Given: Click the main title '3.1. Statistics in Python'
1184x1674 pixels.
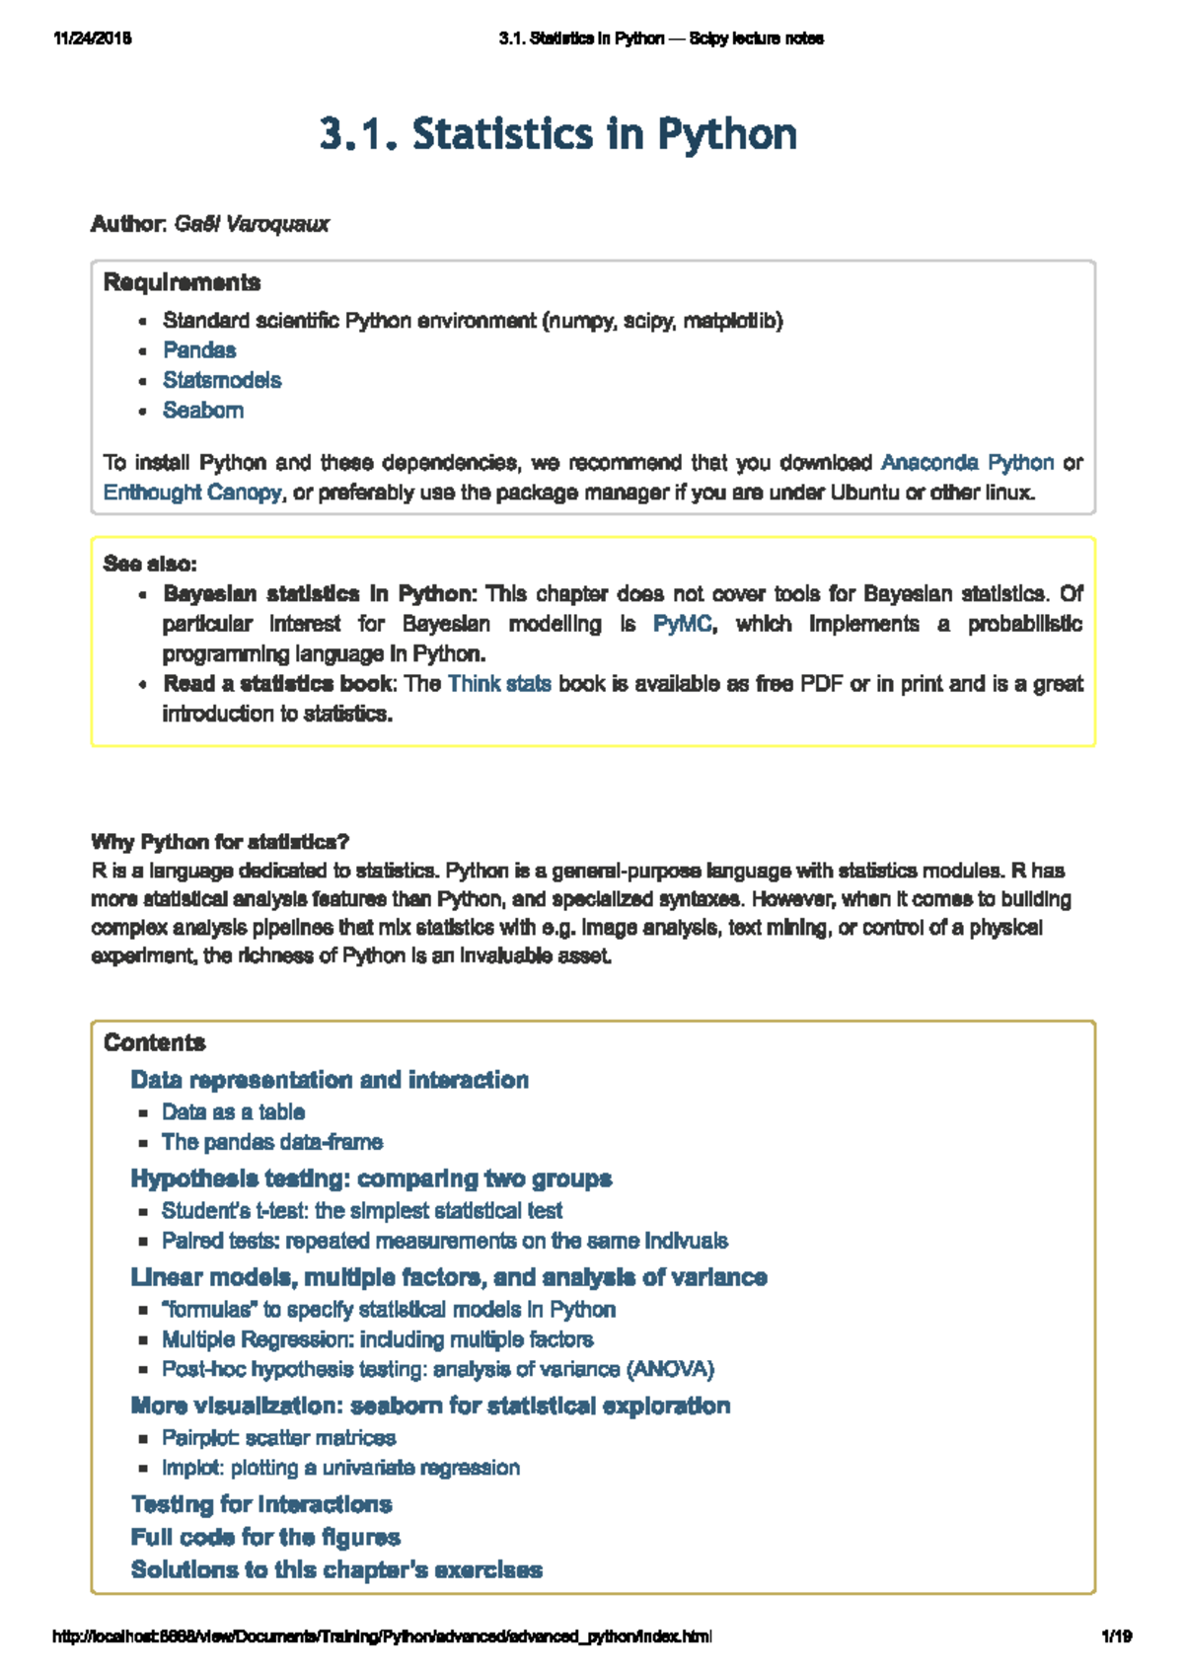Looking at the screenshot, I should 557,134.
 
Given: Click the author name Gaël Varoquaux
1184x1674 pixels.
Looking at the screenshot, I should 252,224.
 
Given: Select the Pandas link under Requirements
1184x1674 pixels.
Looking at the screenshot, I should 199,350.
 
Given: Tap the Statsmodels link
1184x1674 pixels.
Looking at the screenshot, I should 222,380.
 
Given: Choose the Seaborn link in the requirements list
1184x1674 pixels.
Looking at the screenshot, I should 203,411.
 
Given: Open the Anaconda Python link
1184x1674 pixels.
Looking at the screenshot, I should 967,462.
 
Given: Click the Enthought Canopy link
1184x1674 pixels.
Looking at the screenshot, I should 192,492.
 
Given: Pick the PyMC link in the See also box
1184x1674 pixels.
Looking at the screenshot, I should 682,624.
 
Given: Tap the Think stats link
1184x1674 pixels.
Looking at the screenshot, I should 499,684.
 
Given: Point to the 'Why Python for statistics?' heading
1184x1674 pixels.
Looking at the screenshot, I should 220,842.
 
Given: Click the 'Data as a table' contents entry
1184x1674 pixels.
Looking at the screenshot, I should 233,1112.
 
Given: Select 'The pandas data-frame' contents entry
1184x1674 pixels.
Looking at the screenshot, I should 272,1142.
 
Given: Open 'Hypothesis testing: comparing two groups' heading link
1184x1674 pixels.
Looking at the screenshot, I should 371,1179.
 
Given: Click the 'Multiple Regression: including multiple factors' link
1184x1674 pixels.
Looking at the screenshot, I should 378,1339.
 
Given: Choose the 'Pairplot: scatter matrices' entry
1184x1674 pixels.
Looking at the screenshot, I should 279,1438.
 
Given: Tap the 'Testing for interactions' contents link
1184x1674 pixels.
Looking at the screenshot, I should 261,1504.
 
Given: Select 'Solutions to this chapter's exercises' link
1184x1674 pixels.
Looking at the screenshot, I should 336,1569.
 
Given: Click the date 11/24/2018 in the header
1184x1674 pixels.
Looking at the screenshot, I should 93,38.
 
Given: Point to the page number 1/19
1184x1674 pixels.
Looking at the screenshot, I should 1116,1636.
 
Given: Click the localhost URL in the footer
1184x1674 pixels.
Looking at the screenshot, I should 381,1636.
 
